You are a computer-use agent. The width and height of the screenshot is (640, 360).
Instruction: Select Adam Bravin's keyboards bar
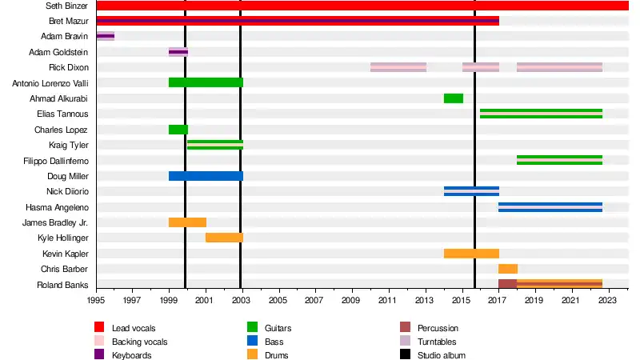point(105,36)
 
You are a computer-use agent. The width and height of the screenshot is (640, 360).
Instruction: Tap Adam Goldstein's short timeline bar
point(178,52)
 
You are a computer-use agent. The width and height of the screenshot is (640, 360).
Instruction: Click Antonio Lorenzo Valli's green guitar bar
point(205,82)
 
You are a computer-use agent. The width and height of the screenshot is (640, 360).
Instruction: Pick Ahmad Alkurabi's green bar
point(453,98)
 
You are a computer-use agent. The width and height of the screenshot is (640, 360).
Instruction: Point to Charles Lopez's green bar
point(178,130)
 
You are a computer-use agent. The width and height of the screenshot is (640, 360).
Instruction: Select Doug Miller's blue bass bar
point(205,176)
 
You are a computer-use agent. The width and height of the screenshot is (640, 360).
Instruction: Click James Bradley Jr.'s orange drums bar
point(187,222)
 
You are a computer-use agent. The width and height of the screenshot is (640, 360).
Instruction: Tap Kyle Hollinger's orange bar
point(223,238)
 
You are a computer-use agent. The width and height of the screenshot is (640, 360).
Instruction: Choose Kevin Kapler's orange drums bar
point(471,254)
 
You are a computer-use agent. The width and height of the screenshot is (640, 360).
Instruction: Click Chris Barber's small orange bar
point(508,269)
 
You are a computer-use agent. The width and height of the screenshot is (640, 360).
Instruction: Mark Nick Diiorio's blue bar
point(471,191)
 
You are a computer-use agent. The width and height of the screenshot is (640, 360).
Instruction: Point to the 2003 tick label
point(242,301)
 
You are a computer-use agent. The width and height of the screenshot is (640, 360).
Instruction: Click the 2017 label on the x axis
point(498,301)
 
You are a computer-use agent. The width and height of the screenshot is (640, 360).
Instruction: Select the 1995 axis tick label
point(96,301)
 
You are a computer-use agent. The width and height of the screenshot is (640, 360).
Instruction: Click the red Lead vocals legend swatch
point(100,328)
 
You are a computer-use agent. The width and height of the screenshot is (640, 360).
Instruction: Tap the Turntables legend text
point(438,342)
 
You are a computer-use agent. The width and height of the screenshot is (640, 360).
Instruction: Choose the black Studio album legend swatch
point(405,355)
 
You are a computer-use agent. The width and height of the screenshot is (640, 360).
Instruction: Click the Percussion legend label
point(438,328)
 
